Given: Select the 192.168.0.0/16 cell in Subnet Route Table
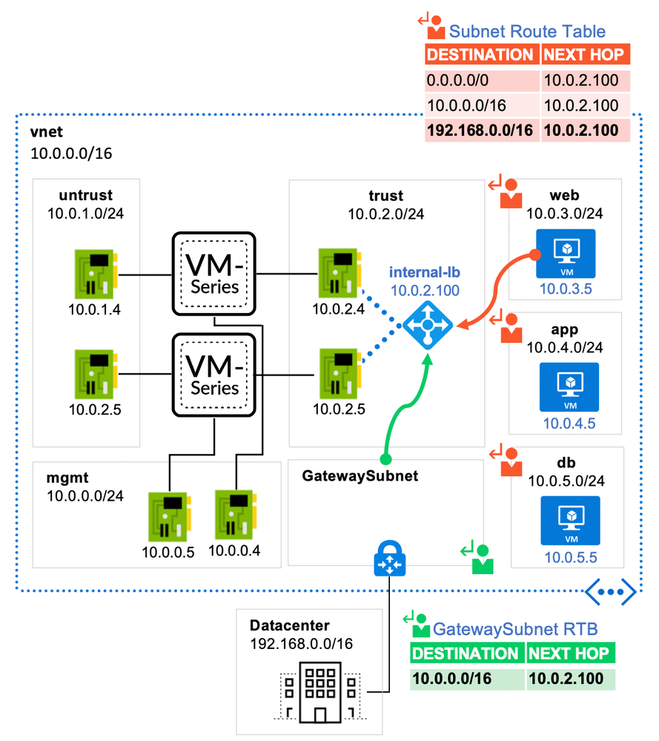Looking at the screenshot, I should [x=480, y=131].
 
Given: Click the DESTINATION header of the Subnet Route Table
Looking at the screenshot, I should [x=480, y=55].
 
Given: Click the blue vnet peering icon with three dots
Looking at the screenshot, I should [x=611, y=590].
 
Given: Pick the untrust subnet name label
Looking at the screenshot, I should [x=86, y=195].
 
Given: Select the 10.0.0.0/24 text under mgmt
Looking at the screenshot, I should [x=86, y=496].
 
